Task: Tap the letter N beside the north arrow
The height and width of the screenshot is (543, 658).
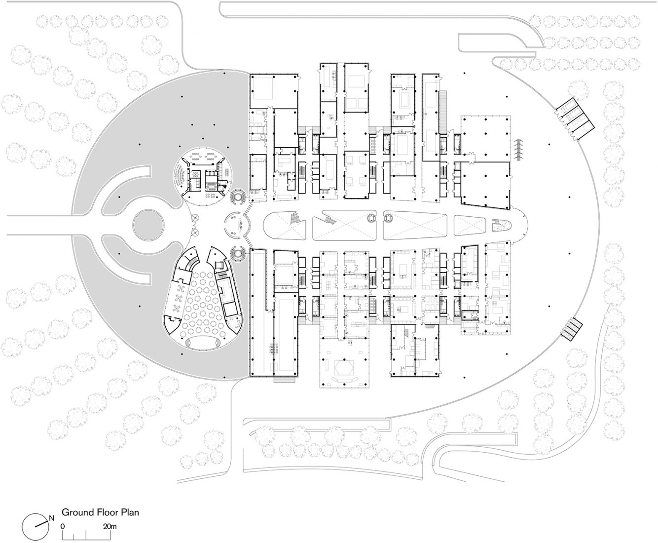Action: click(51, 518)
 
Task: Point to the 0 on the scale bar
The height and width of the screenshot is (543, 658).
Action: click(63, 526)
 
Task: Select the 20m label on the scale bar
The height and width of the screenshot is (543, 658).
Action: click(109, 526)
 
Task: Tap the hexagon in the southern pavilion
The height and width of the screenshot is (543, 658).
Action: click(344, 368)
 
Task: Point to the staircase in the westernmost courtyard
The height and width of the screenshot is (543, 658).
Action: click(294, 217)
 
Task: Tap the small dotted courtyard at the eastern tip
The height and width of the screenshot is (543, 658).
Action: click(502, 226)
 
